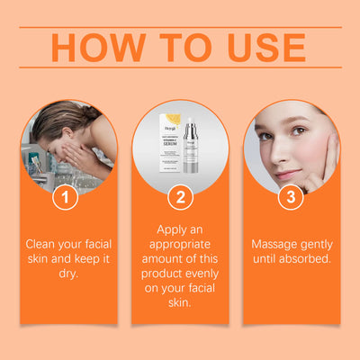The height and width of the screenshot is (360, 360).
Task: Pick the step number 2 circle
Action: click(x=180, y=198)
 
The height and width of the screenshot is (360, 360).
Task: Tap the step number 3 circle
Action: click(x=292, y=198)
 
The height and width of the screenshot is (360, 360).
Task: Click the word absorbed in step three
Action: click(x=305, y=258)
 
